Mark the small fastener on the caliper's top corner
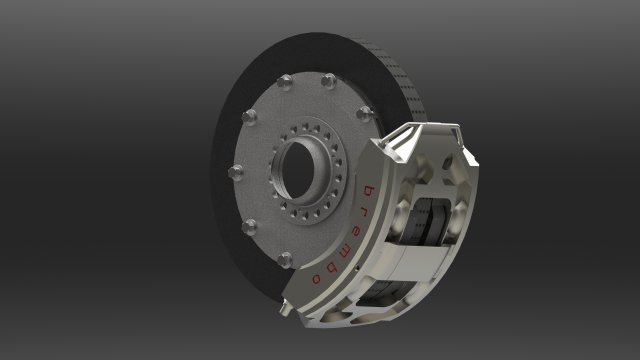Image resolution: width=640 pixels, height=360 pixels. pos(453,129)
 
